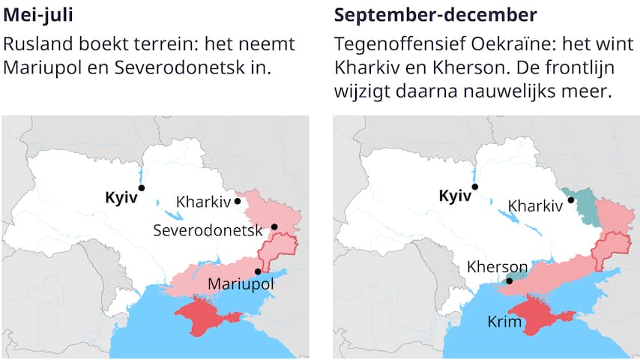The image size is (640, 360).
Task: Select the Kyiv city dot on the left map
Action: [142, 188]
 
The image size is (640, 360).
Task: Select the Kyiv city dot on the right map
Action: [474, 187]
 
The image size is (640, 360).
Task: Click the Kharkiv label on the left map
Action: [204, 202]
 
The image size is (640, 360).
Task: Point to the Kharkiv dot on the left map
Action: [238, 200]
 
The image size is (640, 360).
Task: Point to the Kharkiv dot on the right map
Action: [570, 199]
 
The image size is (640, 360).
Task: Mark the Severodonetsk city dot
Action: [274, 226]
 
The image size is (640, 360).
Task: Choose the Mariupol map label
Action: [241, 285]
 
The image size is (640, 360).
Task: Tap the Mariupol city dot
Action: [258, 271]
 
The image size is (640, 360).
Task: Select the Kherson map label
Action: [496, 267]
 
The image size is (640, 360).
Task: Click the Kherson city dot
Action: [510, 280]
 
